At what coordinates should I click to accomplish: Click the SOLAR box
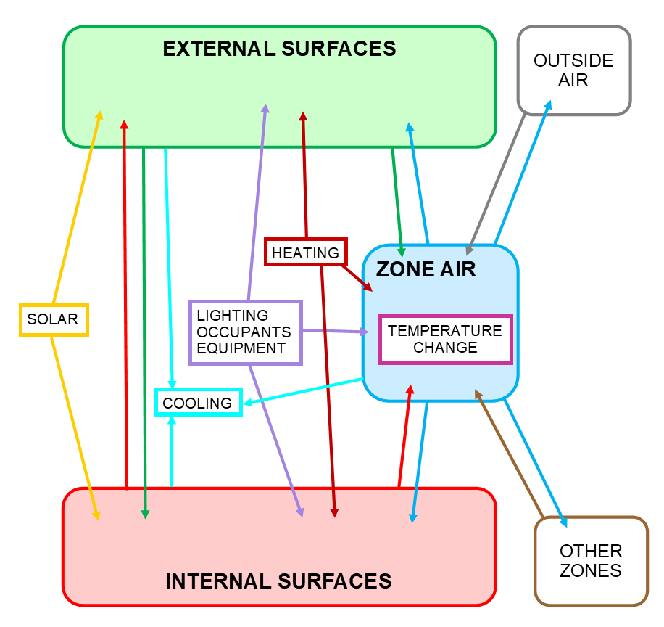[x=53, y=319]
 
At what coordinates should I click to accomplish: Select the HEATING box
[x=305, y=253]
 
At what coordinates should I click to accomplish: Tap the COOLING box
[x=197, y=403]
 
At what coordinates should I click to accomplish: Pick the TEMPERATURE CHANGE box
[x=445, y=339]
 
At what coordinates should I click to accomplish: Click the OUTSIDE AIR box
[x=573, y=70]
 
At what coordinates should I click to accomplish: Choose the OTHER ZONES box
[x=590, y=561]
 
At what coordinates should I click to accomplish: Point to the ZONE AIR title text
[x=426, y=270]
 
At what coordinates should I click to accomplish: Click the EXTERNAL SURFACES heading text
[x=279, y=49]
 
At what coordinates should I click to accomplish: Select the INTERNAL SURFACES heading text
[x=278, y=581]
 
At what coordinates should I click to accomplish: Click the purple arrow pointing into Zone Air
[x=333, y=332]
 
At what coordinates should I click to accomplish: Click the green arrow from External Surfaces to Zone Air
[x=397, y=196]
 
